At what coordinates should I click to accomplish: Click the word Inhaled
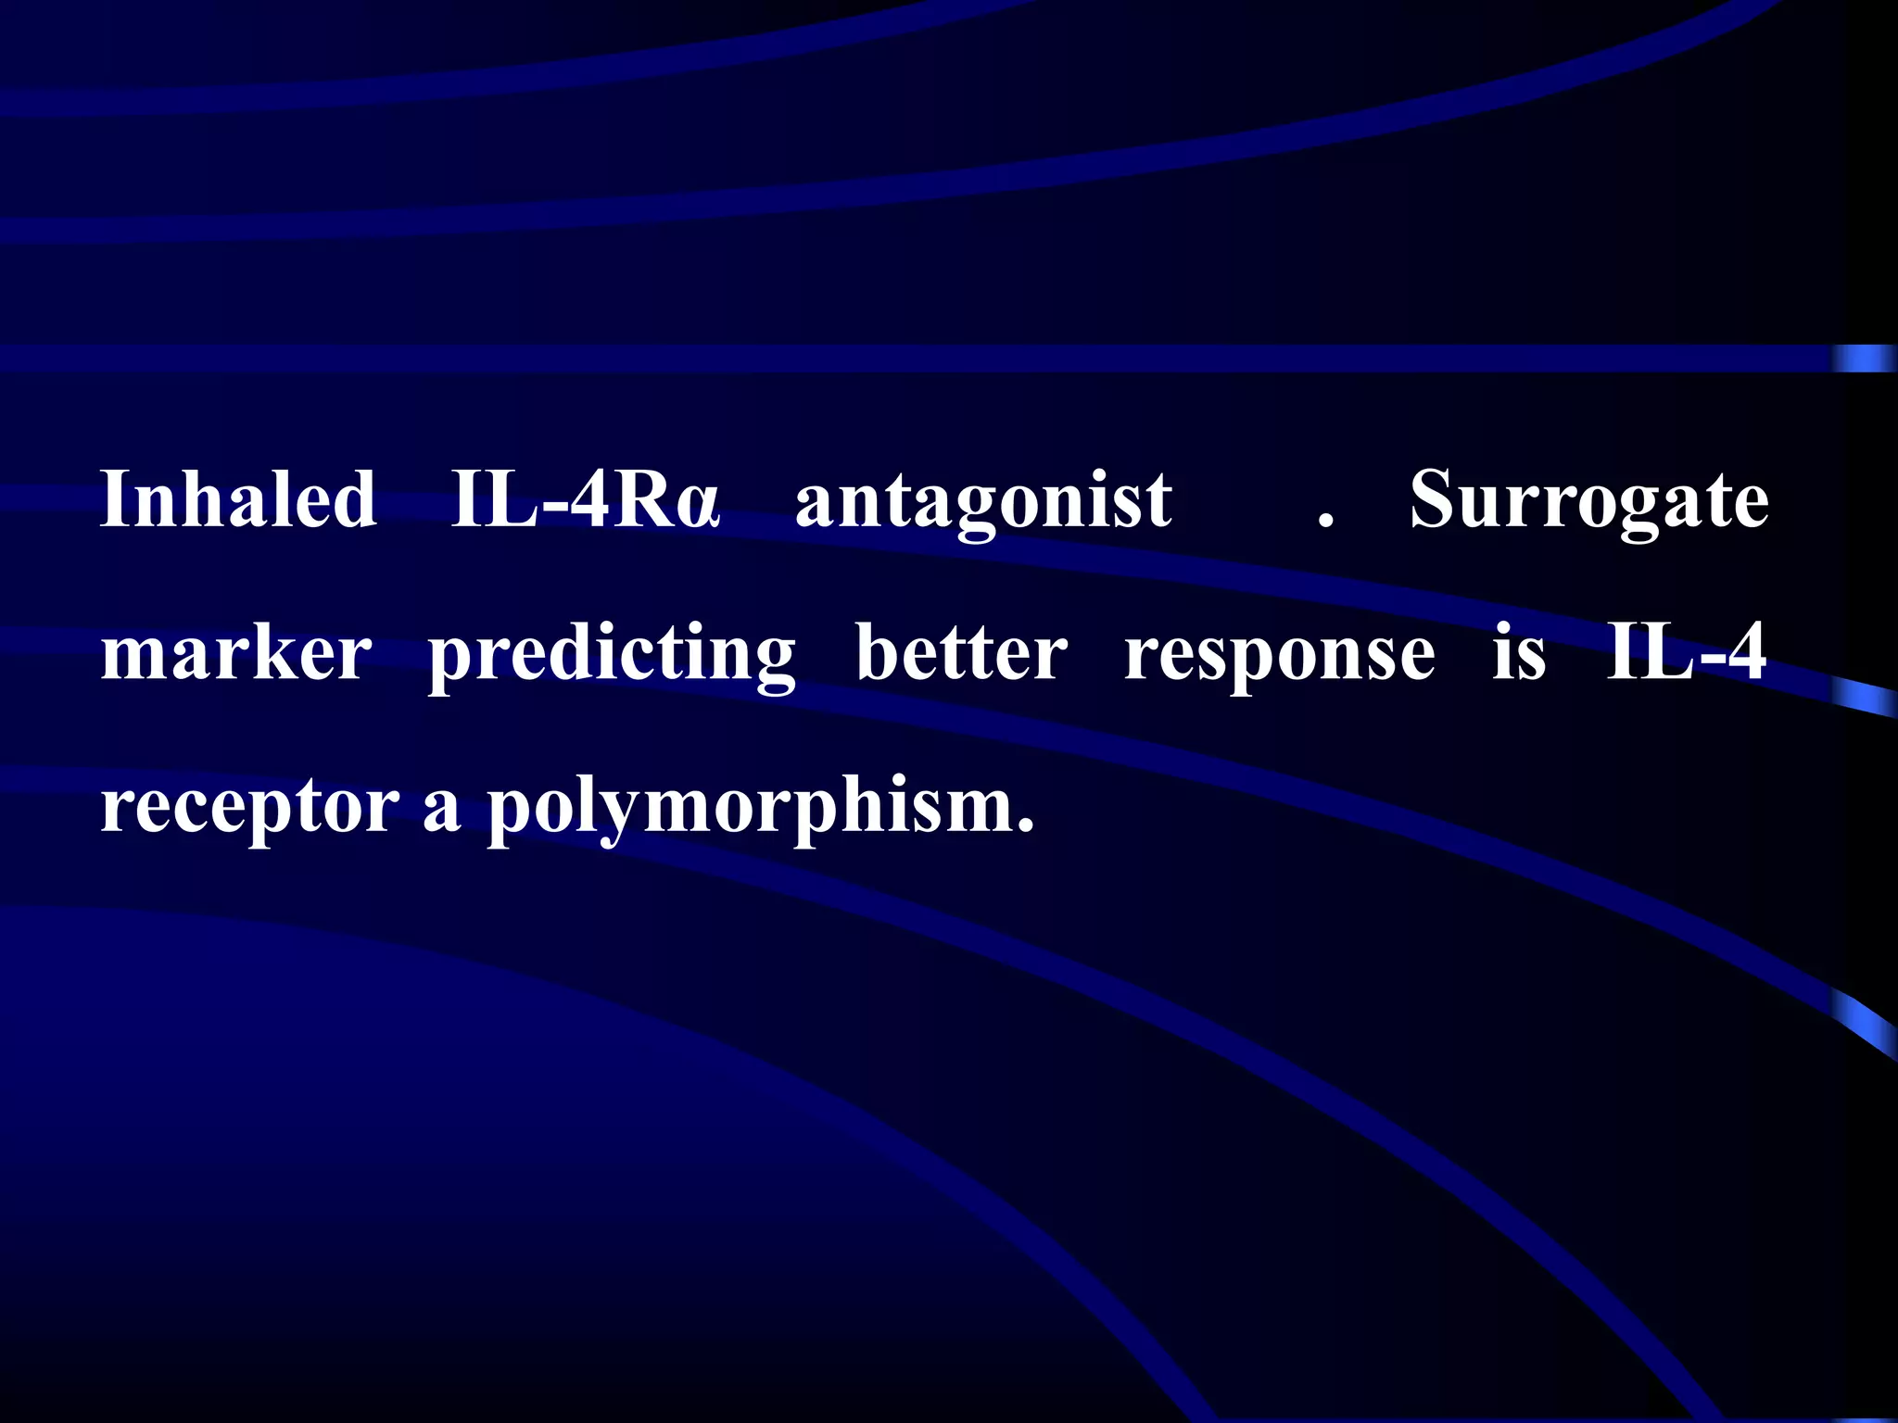238,500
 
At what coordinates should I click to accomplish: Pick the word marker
236,654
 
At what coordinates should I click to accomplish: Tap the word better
961,654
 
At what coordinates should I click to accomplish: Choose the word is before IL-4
1519,654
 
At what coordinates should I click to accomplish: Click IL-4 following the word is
1686,652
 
